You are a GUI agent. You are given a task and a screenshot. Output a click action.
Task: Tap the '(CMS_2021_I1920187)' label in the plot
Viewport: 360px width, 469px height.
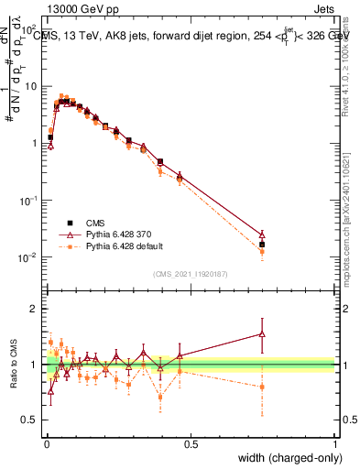pos(190,274)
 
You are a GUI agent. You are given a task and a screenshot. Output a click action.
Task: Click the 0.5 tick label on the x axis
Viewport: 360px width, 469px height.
pos(190,444)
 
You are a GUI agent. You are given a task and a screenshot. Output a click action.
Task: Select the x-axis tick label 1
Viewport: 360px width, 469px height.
pos(335,444)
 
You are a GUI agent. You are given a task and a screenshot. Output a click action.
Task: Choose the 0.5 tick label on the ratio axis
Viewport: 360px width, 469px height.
pos(34,420)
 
